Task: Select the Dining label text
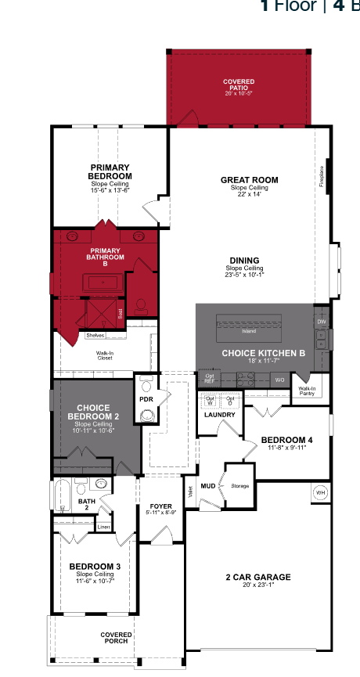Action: coord(244,261)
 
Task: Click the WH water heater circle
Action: coord(319,492)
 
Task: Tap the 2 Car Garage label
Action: coord(257,577)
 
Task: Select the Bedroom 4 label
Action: coord(286,439)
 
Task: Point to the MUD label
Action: coord(207,486)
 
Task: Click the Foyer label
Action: coord(160,506)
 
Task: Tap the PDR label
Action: coord(146,399)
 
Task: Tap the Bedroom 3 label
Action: coord(95,566)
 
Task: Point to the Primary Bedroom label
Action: coord(110,171)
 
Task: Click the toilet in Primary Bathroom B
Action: coord(142,304)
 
